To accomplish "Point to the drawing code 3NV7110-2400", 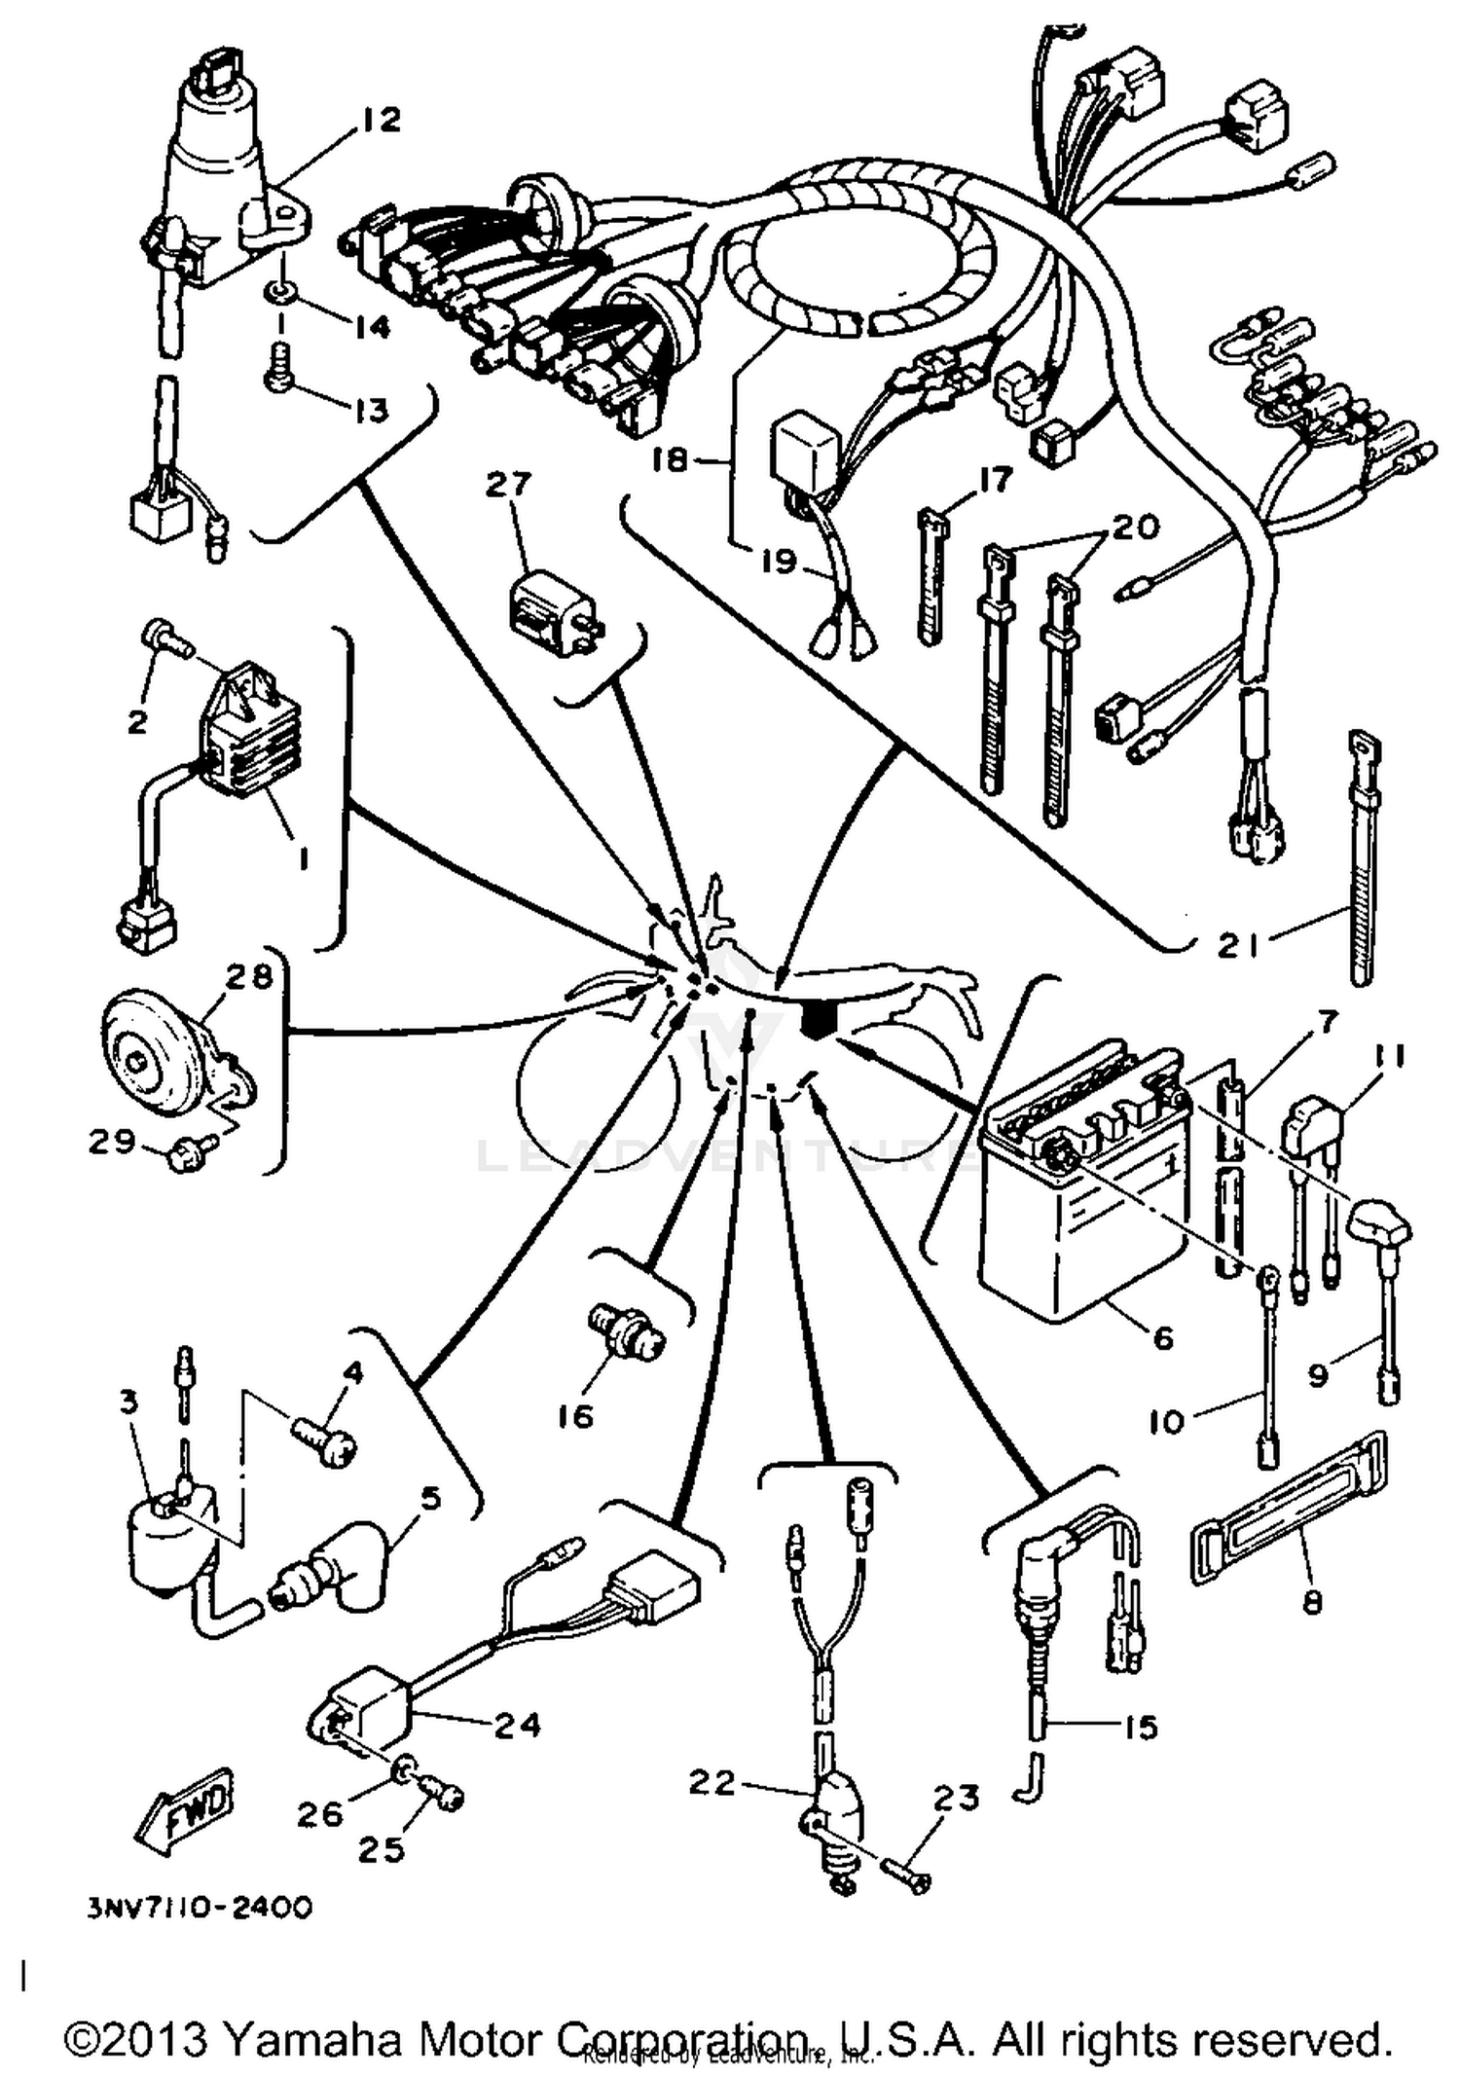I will [200, 1907].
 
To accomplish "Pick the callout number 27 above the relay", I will [509, 484].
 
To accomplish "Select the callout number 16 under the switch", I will [576, 1415].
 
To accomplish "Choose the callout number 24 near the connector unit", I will [516, 1725].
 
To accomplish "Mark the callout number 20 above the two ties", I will [1135, 527].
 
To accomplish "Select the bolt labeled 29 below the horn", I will [183, 1156].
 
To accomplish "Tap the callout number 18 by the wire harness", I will [670, 459].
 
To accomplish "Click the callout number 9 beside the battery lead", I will [1317, 1376].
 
